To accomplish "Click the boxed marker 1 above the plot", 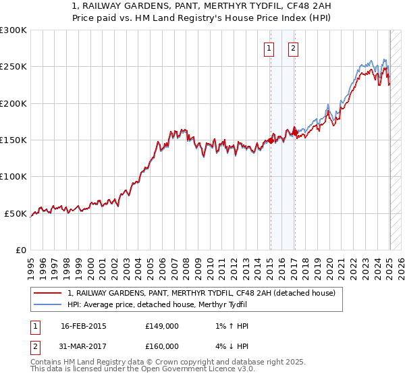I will click(269, 48).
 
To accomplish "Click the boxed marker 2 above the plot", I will click(294, 48).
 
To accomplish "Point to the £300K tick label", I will click(13, 30).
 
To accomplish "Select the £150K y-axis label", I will click(13, 140).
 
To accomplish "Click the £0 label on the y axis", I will click(22, 250).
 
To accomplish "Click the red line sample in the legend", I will click(48, 294).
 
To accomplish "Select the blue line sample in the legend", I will click(48, 305).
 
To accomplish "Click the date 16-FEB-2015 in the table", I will click(83, 326).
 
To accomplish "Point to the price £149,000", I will click(162, 326).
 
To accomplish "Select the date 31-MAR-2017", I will click(83, 346).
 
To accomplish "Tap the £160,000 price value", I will click(162, 346).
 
